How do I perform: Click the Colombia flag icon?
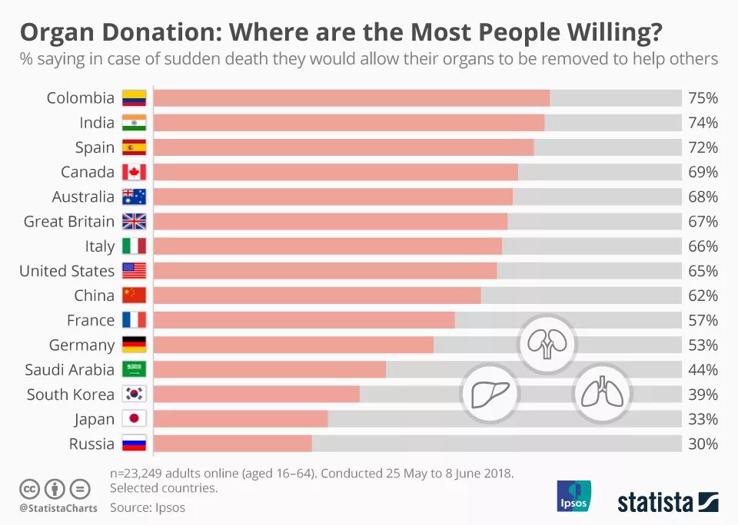coord(134,98)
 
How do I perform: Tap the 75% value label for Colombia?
coord(703,98)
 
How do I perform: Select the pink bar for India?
coord(349,123)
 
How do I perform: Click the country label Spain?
coord(95,147)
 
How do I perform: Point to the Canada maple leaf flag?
coord(134,172)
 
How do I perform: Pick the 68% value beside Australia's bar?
coord(703,197)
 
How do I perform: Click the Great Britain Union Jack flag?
coord(134,222)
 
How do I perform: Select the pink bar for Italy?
coord(328,246)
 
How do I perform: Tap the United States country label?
coord(67,271)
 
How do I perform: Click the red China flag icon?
coord(134,296)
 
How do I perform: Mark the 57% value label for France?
coord(703,320)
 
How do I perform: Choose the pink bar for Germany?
coord(294,345)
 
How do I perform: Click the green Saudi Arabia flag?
coord(134,370)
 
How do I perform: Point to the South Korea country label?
coord(71,395)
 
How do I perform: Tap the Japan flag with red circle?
coord(134,419)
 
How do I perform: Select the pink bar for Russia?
coord(233,444)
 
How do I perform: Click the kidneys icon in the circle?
coord(547,344)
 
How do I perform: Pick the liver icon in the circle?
coord(490,394)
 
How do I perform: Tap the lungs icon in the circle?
coord(602,394)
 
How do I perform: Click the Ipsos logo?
coord(573,496)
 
